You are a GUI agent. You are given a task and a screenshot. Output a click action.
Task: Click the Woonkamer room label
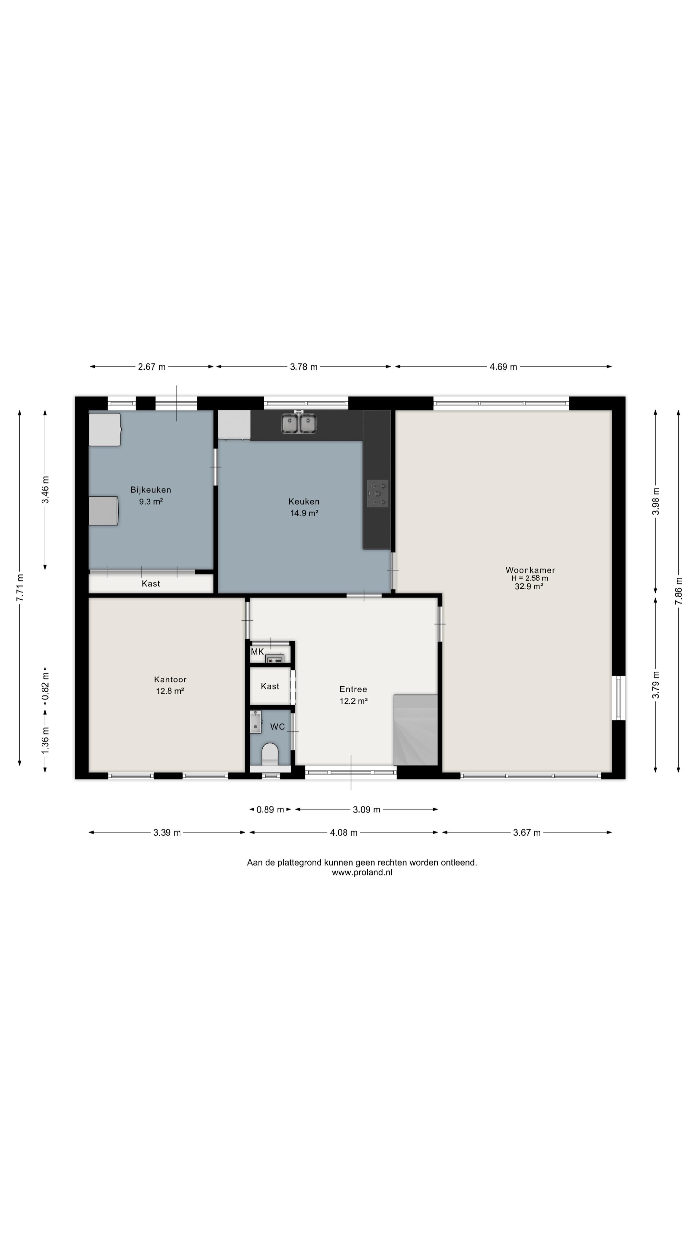530,570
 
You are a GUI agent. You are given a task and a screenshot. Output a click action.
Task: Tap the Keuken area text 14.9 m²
304,513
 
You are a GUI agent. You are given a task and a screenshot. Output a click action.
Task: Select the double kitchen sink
299,423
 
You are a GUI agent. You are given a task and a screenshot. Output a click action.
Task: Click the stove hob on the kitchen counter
377,493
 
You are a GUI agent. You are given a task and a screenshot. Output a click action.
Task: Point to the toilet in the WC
270,754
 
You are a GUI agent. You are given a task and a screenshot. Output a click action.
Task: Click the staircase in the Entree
416,730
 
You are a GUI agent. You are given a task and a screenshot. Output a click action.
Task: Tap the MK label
257,652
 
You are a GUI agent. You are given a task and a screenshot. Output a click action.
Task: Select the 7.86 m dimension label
678,591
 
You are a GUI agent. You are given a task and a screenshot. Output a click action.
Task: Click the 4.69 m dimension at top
503,367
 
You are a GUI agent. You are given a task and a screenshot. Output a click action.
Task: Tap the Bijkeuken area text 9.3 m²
151,501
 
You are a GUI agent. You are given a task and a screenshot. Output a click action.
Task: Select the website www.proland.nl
362,872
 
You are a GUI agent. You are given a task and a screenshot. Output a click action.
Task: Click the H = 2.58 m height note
530,578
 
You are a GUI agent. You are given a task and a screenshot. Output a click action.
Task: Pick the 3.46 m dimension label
45,490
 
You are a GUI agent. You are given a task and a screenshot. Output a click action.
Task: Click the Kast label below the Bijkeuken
151,584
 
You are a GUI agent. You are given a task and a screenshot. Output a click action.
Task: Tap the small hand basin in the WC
255,722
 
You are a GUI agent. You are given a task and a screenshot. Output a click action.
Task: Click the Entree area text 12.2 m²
354,701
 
